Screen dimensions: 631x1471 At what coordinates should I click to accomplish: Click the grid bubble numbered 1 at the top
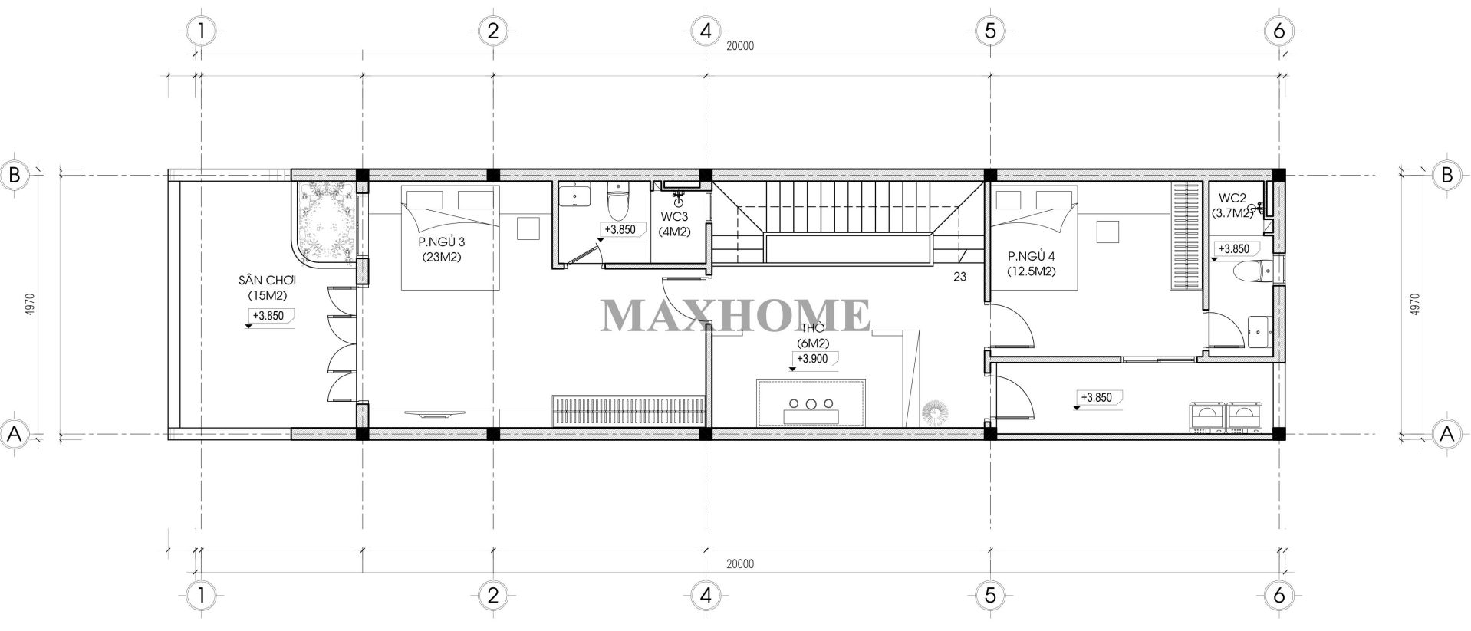pyautogui.click(x=200, y=31)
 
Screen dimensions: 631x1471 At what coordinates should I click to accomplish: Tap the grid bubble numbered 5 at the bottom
pyautogui.click(x=989, y=594)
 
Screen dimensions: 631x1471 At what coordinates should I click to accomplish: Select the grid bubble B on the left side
pyautogui.click(x=14, y=175)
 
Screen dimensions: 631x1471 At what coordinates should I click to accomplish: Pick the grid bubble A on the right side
pyautogui.click(x=1446, y=434)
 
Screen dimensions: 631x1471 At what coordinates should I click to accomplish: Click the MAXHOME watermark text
pyautogui.click(x=735, y=315)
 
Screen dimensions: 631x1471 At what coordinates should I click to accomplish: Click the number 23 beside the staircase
pyautogui.click(x=959, y=278)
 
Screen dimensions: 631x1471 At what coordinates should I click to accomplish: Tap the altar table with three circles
pyautogui.click(x=811, y=403)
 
